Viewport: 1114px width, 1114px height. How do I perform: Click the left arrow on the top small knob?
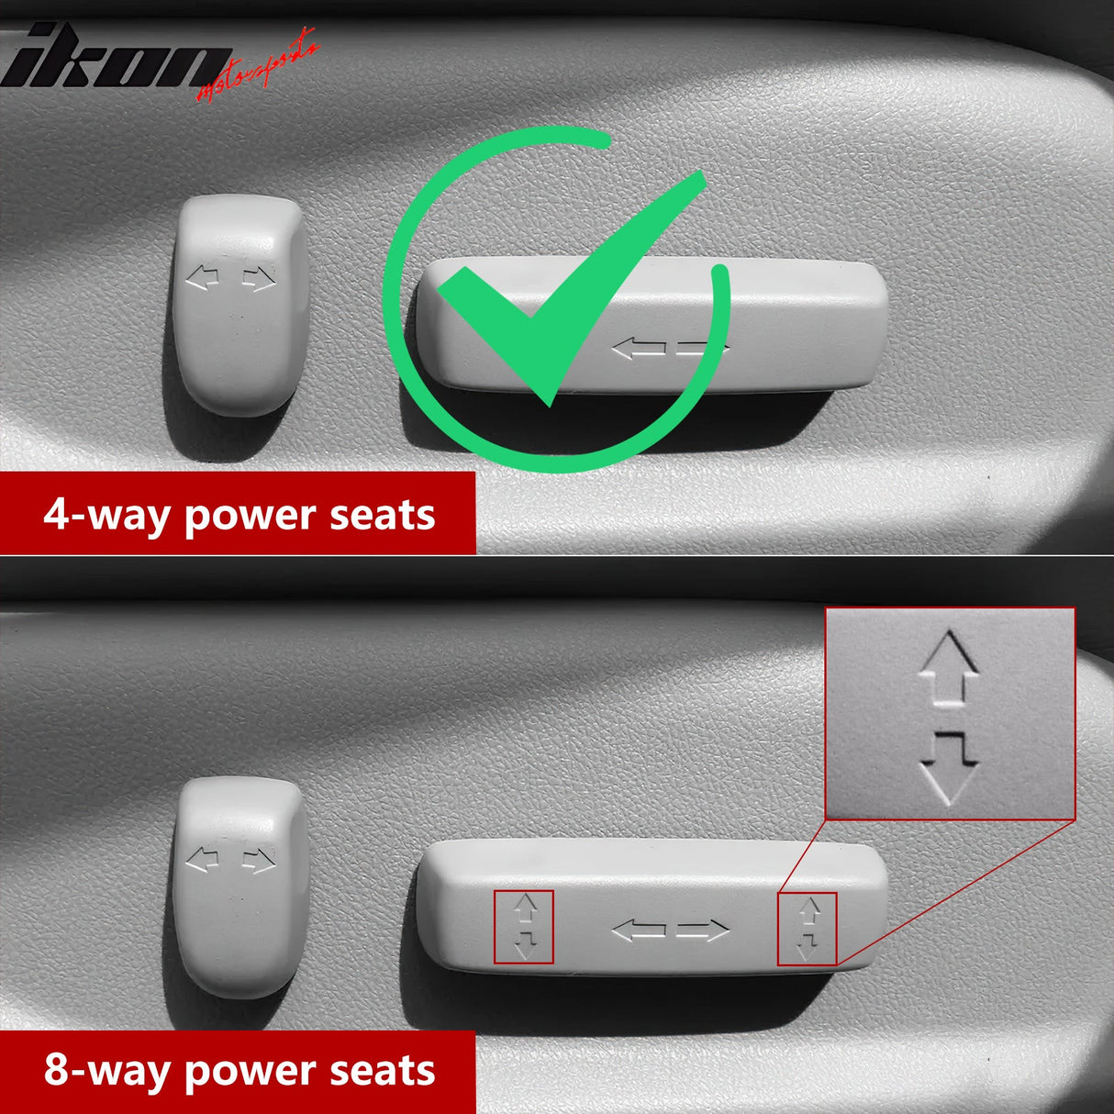click(202, 278)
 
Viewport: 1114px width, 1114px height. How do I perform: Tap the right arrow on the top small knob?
click(259, 279)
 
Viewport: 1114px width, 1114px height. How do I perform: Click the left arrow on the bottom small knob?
click(202, 860)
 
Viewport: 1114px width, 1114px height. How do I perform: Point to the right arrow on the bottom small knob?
click(259, 861)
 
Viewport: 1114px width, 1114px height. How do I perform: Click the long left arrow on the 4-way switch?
click(639, 349)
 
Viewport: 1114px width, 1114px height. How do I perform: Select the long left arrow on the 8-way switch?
click(639, 930)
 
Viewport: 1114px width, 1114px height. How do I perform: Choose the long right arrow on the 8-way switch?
click(703, 930)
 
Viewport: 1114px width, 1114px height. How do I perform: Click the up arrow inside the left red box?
click(526, 908)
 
